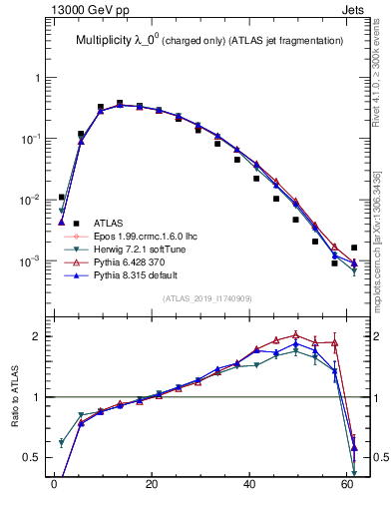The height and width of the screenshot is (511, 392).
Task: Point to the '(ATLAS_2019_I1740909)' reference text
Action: pos(206,298)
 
